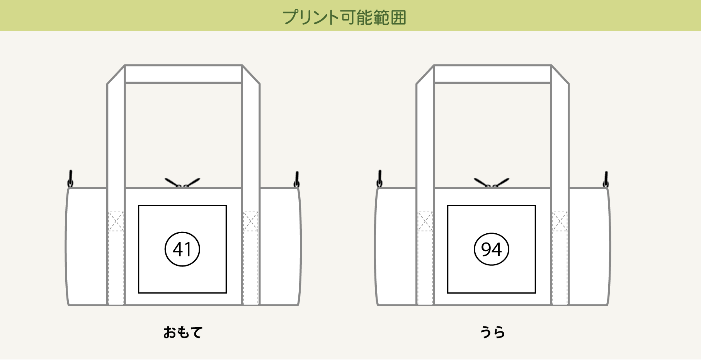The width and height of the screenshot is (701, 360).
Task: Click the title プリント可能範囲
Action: pyautogui.click(x=344, y=17)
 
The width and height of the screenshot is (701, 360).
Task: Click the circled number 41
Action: pyautogui.click(x=182, y=249)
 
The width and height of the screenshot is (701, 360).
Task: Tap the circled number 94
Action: pyautogui.click(x=492, y=249)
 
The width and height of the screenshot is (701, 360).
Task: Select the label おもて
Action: pyautogui.click(x=183, y=332)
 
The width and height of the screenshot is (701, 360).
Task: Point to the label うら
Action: pyautogui.click(x=492, y=332)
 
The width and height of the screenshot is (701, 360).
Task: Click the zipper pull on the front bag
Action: pyautogui.click(x=182, y=183)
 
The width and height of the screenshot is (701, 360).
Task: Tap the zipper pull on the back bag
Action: pyautogui.click(x=492, y=183)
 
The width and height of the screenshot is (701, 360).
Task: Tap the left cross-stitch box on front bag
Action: pyautogui.click(x=116, y=221)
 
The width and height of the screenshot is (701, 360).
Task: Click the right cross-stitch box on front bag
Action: pyautogui.click(x=250, y=221)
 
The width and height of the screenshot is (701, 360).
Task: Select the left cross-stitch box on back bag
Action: pyautogui.click(x=425, y=221)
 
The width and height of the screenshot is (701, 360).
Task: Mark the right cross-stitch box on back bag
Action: pyautogui.click(x=560, y=221)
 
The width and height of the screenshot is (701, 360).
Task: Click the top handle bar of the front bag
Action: pyautogui.click(x=184, y=74)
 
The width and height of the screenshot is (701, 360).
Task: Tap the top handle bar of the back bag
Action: pyautogui.click(x=493, y=74)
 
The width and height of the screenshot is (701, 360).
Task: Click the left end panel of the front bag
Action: pyautogui.click(x=87, y=247)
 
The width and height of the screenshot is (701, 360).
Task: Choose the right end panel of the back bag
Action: pyautogui.click(x=589, y=247)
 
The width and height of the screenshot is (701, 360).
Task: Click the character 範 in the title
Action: pyautogui.click(x=381, y=17)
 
